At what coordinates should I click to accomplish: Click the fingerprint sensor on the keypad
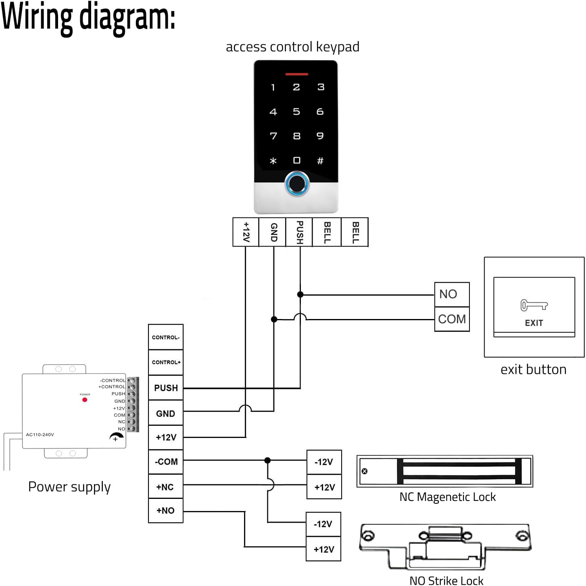pos(296,184)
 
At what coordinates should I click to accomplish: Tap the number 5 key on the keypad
pos(296,112)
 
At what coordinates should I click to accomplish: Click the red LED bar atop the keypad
pos(296,74)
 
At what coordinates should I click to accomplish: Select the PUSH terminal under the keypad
pos(299,232)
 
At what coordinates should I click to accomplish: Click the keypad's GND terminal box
pos(272,232)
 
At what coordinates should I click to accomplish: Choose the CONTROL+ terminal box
pos(166,362)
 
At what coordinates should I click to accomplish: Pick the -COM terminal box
pos(166,462)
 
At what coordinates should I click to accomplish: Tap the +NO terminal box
pos(166,511)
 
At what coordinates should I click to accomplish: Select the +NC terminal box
pos(166,486)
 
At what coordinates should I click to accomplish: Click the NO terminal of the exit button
pos(452,294)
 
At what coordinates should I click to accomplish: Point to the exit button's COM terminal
pos(452,319)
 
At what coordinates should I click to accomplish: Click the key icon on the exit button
pos(534,305)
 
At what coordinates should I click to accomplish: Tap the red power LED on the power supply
pos(85,400)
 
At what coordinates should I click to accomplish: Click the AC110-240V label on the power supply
pos(40,434)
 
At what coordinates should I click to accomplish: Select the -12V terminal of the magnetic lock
pos(324,462)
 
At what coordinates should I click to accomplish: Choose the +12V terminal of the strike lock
pos(323,549)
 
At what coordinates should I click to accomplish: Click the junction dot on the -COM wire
pos(268,461)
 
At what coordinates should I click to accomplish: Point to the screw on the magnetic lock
pos(365,471)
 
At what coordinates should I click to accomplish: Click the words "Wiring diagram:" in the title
pos(88,18)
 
